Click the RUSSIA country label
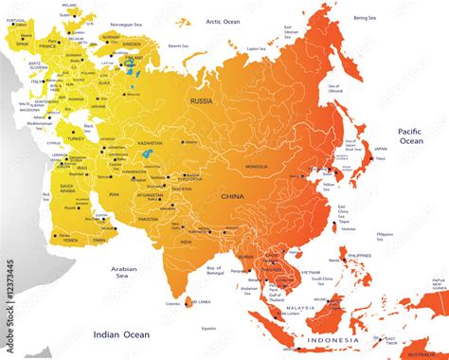[202, 99]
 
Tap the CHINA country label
[232, 196]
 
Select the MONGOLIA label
[256, 166]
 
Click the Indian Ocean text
[120, 333]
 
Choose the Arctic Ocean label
[225, 20]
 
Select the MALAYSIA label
[300, 308]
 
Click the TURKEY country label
[76, 137]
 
